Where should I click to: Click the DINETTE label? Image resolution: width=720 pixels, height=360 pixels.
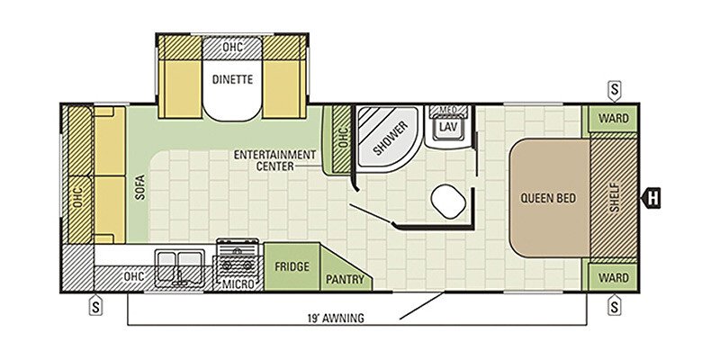tap(232, 79)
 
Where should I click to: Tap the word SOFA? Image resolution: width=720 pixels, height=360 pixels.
tap(140, 187)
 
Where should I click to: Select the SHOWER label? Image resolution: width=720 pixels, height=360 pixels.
tap(384, 138)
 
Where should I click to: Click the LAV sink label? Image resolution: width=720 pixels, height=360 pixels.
tap(447, 127)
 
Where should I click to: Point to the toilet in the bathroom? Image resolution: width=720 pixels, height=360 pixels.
tap(448, 201)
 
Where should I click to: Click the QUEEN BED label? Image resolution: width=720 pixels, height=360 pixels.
tap(548, 198)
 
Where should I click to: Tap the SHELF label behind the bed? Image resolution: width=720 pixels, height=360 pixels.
tap(615, 197)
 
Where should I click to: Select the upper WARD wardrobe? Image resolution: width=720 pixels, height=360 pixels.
tap(614, 119)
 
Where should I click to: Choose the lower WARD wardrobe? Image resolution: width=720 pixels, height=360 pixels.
tap(614, 278)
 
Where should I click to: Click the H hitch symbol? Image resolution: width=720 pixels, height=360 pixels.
tap(652, 198)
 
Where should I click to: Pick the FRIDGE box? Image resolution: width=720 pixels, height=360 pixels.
tap(292, 266)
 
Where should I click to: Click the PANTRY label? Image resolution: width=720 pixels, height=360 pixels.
tap(345, 279)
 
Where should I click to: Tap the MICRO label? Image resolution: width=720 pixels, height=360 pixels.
tap(238, 284)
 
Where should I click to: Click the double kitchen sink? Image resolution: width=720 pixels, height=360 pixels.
tap(179, 268)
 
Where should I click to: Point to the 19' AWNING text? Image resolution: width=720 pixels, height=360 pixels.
tap(336, 318)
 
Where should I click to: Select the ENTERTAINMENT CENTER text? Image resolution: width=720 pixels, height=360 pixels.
tap(274, 160)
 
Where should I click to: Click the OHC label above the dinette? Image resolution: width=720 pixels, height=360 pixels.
tap(232, 48)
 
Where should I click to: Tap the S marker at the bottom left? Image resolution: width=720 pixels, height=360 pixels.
tap(95, 306)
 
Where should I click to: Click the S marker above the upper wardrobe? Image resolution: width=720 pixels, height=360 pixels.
tap(615, 91)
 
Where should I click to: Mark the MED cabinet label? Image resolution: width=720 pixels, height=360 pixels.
tap(447, 110)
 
